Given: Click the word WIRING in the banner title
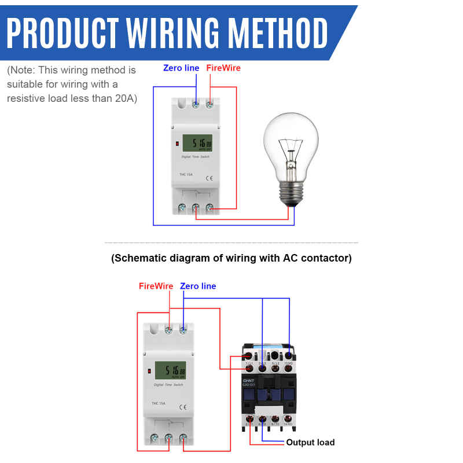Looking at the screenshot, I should pyautogui.click(x=177, y=33).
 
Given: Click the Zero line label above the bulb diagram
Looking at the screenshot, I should pyautogui.click(x=181, y=68).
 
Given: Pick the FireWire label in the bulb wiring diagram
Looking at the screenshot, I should pyautogui.click(x=223, y=68).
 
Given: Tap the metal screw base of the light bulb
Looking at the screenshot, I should pyautogui.click(x=293, y=190).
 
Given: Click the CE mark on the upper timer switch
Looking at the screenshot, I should pyautogui.click(x=210, y=178).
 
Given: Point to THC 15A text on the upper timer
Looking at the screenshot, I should pyautogui.click(x=186, y=175).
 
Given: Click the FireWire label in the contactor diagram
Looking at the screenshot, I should pyautogui.click(x=156, y=286).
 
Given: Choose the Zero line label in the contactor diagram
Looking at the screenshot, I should pyautogui.click(x=198, y=286).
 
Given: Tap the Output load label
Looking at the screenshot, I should pyautogui.click(x=310, y=443).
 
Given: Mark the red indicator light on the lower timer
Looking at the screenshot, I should pyautogui.click(x=149, y=370).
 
